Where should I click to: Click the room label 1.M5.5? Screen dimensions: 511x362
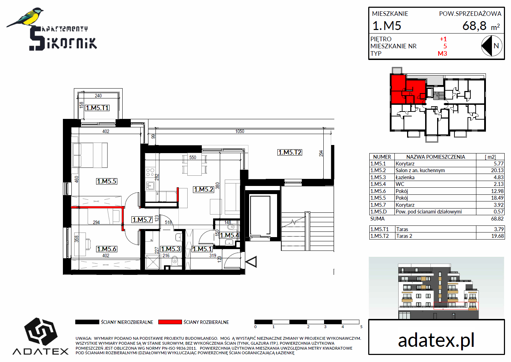tap(106, 181)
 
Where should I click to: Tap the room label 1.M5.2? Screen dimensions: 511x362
tap(204, 189)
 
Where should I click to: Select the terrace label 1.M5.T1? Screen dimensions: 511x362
tap(98, 108)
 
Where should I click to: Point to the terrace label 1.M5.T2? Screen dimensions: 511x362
tap(290, 152)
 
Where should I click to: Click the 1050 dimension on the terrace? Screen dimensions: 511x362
tap(240, 132)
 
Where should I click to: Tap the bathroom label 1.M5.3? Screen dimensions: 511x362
tap(171, 249)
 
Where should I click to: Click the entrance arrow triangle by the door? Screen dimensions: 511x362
tap(251, 262)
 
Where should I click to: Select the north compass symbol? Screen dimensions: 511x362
tap(492, 46)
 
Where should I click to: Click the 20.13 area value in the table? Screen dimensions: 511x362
tap(497, 170)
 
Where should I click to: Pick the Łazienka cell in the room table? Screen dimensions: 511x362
tap(405, 177)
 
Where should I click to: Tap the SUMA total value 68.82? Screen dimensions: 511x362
tap(497, 219)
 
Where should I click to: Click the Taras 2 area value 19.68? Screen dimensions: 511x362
tap(497, 236)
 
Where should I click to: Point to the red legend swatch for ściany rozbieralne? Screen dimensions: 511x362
tap(170, 322)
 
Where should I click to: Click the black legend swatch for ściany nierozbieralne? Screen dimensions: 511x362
tap(87, 322)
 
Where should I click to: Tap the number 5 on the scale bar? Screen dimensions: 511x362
tap(361, 327)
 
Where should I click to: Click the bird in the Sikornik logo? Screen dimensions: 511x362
tap(26, 17)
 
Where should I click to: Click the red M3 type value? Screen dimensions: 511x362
tap(442, 54)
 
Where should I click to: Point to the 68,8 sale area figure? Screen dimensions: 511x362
tap(475, 26)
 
